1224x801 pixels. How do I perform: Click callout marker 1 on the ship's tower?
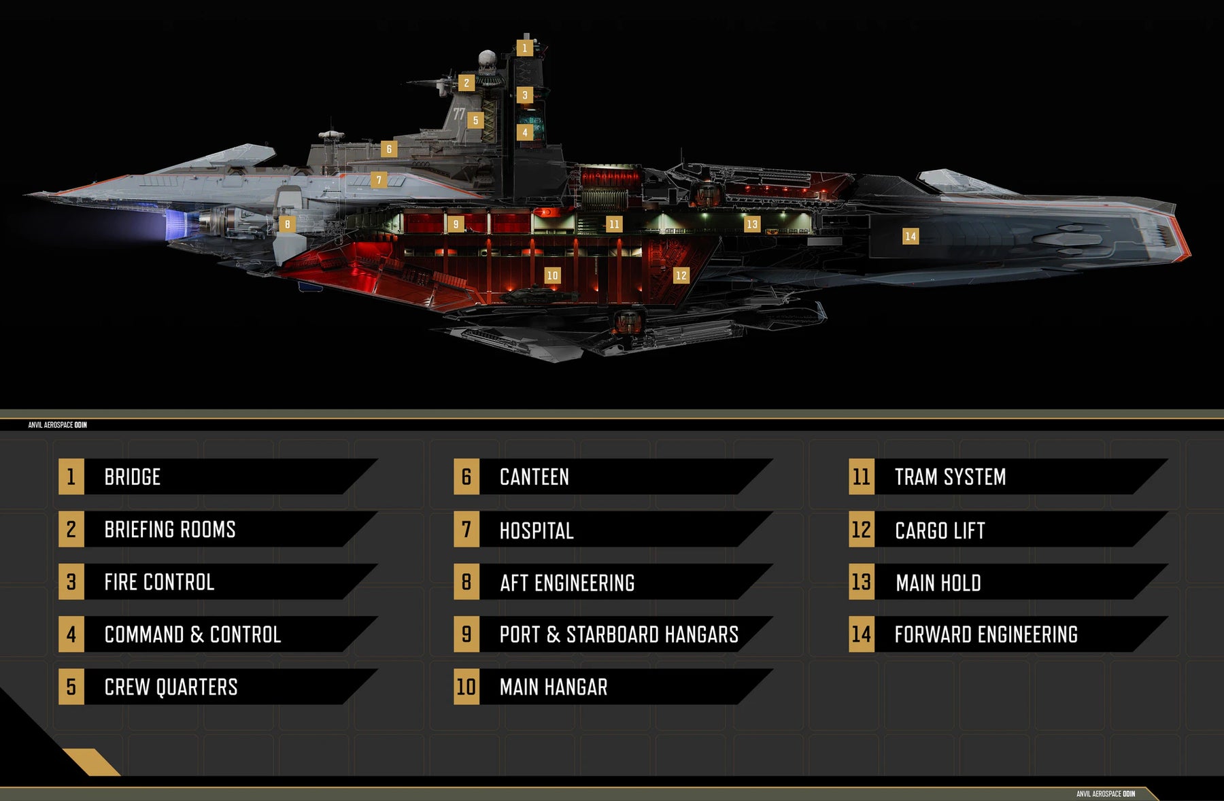point(524,48)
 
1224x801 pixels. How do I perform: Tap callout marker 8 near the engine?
point(288,224)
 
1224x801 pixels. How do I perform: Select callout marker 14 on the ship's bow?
point(911,236)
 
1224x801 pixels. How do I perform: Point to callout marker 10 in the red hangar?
point(552,275)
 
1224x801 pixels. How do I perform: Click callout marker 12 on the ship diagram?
point(681,275)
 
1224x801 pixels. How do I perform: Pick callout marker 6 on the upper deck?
point(389,149)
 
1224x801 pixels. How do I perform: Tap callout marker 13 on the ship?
point(751,224)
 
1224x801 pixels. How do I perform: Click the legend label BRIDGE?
point(133,477)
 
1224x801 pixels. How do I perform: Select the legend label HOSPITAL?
point(537,530)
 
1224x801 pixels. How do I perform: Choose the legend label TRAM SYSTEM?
point(950,477)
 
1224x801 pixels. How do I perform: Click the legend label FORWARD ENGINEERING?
point(986,634)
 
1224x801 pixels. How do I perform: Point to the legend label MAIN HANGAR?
point(554,687)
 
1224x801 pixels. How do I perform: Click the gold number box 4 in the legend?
point(71,634)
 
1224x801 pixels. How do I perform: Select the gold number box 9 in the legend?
point(466,634)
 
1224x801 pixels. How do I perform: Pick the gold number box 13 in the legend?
point(862,582)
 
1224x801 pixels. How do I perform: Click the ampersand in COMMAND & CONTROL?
point(197,634)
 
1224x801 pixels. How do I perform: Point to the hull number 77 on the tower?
point(459,114)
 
